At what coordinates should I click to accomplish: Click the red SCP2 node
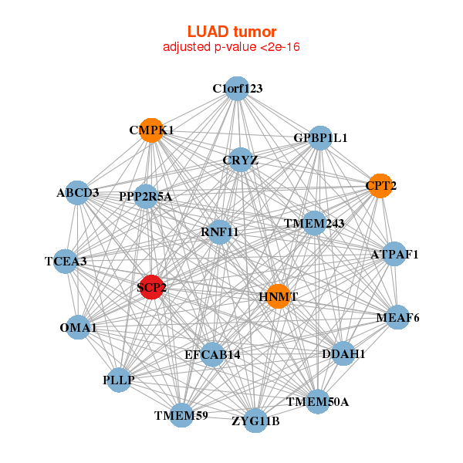(152, 287)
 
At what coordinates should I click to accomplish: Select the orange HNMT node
(278, 296)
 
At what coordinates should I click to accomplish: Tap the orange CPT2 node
(380, 185)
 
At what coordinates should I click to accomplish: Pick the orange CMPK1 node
(151, 130)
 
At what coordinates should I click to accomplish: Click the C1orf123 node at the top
(238, 89)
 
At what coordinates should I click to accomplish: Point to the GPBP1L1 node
(319, 138)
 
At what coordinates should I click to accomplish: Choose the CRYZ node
(241, 160)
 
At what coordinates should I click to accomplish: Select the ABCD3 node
(77, 192)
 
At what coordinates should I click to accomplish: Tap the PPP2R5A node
(145, 197)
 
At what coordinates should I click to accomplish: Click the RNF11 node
(219, 231)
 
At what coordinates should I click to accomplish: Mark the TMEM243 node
(313, 224)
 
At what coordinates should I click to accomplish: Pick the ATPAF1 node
(394, 254)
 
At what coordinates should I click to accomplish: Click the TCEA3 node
(66, 261)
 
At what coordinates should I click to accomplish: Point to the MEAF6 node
(397, 317)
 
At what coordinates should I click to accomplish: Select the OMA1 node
(78, 328)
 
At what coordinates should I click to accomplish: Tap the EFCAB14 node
(212, 354)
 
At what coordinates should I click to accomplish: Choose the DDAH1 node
(343, 354)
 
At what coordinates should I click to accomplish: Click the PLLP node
(118, 380)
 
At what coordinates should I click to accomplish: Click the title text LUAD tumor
(231, 32)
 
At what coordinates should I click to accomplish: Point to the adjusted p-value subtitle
(231, 47)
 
